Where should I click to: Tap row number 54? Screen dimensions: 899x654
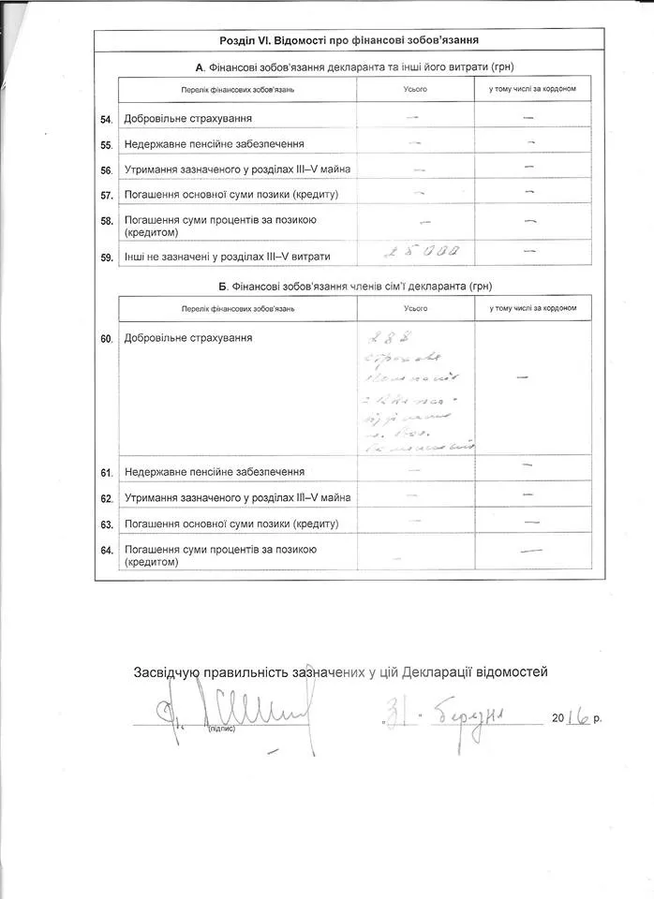click(x=106, y=120)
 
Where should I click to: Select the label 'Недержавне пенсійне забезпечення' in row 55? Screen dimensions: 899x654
click(x=215, y=145)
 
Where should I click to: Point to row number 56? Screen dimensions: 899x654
click(x=106, y=170)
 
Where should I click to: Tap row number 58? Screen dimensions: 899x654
click(x=106, y=221)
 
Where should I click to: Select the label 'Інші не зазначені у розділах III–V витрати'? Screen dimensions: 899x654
click(x=227, y=256)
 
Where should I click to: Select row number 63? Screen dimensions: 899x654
click(x=106, y=524)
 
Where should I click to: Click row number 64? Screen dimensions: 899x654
click(x=106, y=550)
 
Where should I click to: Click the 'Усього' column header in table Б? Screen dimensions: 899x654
click(x=416, y=307)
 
